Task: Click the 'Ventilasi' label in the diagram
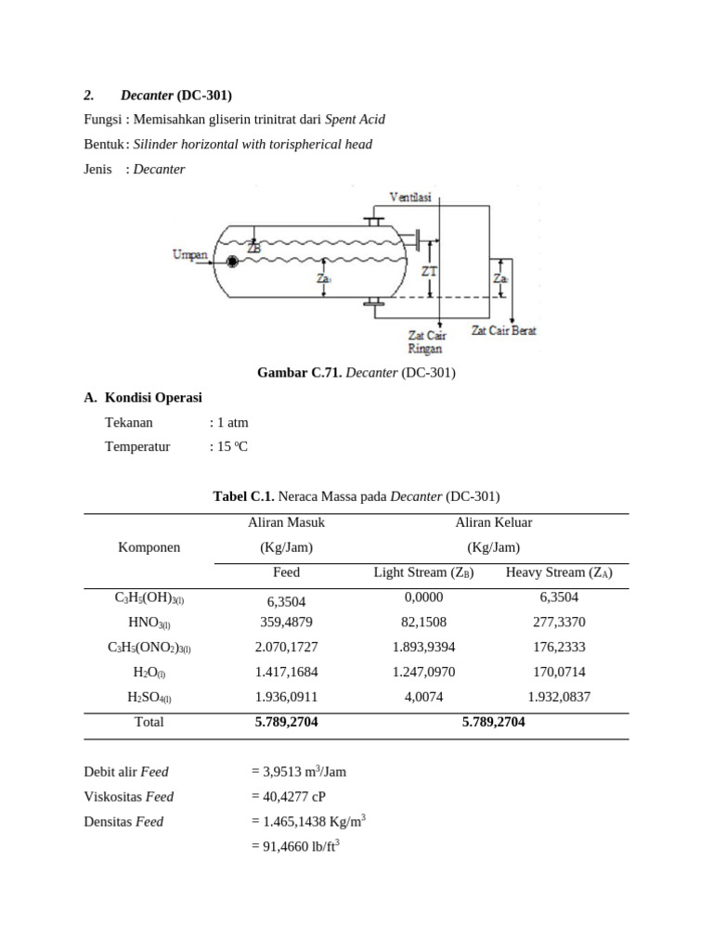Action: (408, 198)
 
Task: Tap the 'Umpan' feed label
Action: (189, 255)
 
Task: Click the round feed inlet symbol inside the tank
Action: (231, 262)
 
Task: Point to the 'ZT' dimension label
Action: (428, 271)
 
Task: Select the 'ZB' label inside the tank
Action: (254, 248)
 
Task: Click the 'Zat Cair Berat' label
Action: (503, 330)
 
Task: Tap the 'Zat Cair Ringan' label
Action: (426, 341)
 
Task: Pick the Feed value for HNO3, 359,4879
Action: (286, 623)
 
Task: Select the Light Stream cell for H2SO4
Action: (423, 697)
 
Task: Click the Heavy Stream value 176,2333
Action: (559, 648)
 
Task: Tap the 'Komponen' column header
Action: (149, 547)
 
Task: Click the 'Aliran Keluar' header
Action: (493, 522)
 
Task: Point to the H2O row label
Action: (149, 673)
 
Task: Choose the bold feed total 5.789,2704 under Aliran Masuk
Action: (286, 722)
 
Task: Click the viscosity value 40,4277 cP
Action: (288, 796)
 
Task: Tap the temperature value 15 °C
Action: (232, 447)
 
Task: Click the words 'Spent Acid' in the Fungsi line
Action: (355, 120)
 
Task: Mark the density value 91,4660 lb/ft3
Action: (295, 846)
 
